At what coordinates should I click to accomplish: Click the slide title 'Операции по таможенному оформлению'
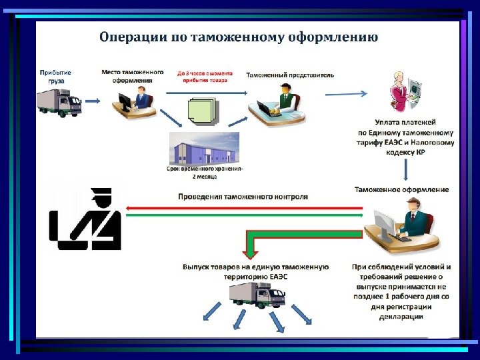[238, 36]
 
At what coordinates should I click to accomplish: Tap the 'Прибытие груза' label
[56, 77]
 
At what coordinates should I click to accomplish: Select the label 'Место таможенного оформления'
[133, 75]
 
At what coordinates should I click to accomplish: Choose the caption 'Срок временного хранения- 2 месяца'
[205, 173]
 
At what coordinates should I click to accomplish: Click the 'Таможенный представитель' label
[290, 75]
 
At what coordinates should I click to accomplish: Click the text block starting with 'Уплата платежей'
[406, 137]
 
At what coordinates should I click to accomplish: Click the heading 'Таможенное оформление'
[402, 190]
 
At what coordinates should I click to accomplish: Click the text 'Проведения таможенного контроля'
[243, 197]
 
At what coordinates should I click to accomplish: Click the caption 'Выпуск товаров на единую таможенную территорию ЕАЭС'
[256, 271]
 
